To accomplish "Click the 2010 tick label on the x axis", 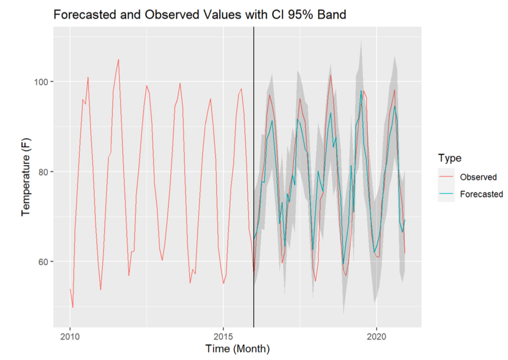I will (70, 337).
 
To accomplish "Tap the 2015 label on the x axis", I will (223, 337).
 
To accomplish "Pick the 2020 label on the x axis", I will (377, 337).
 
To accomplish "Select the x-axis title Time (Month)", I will (238, 349).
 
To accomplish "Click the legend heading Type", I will (449, 158).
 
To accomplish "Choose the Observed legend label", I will (478, 177).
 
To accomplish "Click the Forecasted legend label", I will (481, 194).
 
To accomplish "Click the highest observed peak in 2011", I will (118, 60).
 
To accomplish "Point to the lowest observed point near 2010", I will (73, 307).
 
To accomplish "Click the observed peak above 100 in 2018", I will (330, 75).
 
